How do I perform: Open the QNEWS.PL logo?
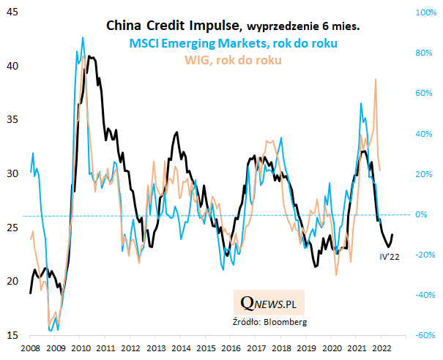(x=273, y=301)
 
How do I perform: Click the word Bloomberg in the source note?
(x=287, y=320)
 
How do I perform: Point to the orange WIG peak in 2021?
(x=376, y=79)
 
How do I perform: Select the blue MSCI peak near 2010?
(x=83, y=37)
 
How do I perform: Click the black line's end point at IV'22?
(x=393, y=235)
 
